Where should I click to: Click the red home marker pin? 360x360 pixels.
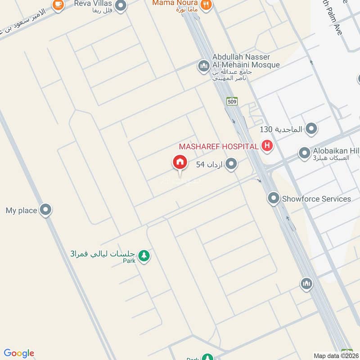[180, 162]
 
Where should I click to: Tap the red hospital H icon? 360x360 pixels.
[267, 146]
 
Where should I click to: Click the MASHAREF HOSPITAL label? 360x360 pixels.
[219, 146]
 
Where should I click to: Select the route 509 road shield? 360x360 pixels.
[232, 101]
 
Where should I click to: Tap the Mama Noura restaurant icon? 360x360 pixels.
[206, 4]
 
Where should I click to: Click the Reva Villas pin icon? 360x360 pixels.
[121, 5]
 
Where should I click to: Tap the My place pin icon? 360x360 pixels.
[45, 210]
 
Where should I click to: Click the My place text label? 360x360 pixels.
[21, 210]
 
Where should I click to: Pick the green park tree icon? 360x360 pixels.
[144, 256]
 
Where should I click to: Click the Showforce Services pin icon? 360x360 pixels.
[274, 198]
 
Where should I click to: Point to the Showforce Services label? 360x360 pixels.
[316, 198]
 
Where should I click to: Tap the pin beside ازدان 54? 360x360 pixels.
[231, 164]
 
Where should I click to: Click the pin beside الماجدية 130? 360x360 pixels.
[311, 130]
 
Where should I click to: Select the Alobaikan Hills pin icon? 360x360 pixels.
[305, 153]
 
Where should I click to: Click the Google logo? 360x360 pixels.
[19, 353]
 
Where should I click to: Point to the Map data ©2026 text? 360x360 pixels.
[336, 355]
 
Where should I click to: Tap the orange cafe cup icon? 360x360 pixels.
[58, 4]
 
